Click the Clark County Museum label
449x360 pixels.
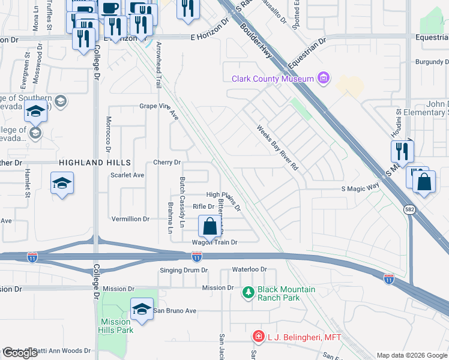[x=273, y=79]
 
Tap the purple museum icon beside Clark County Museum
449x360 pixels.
[x=324, y=78]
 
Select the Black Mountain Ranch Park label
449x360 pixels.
[x=286, y=293]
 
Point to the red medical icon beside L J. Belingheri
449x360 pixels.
[x=258, y=337]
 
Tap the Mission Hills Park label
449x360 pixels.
[x=116, y=326]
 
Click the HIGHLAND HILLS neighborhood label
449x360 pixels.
[x=95, y=163]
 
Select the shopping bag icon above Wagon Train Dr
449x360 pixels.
[x=209, y=227]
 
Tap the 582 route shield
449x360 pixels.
[x=409, y=209]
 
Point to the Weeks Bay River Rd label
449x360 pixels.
[x=277, y=148]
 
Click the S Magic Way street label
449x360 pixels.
[x=360, y=188]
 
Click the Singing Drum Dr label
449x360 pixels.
[x=184, y=271]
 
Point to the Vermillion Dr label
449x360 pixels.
[x=130, y=220]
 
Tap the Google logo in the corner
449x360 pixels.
[x=20, y=353]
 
